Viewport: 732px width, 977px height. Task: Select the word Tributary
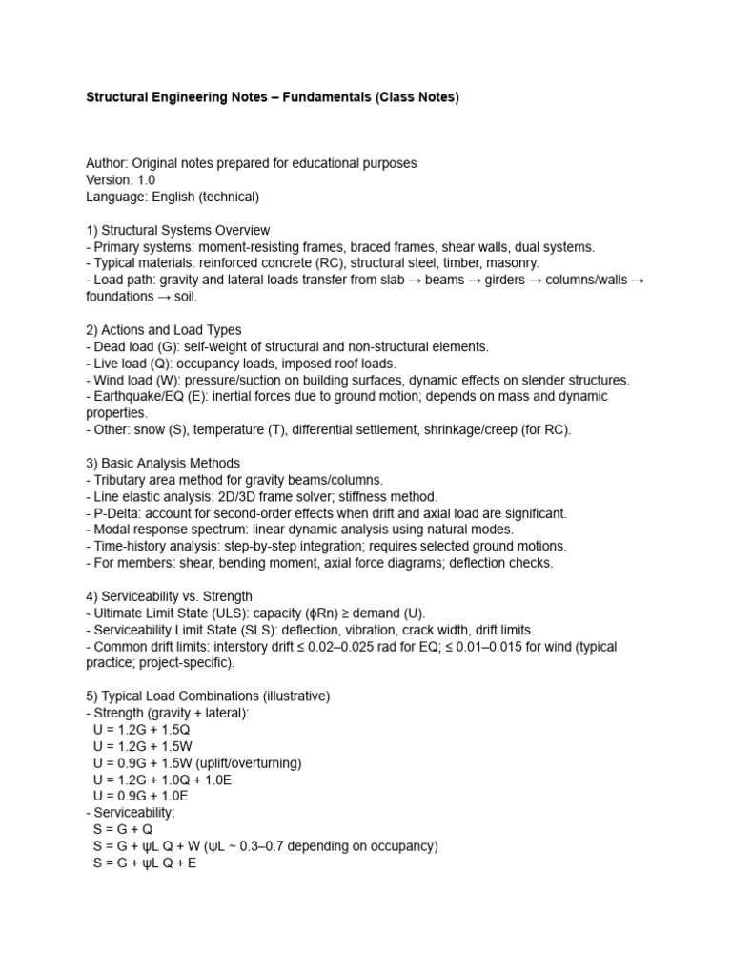(x=122, y=479)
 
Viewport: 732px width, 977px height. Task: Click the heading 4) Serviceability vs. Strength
(x=169, y=595)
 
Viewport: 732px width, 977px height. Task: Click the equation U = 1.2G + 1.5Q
(x=150, y=729)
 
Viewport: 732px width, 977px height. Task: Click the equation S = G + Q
(x=123, y=829)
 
